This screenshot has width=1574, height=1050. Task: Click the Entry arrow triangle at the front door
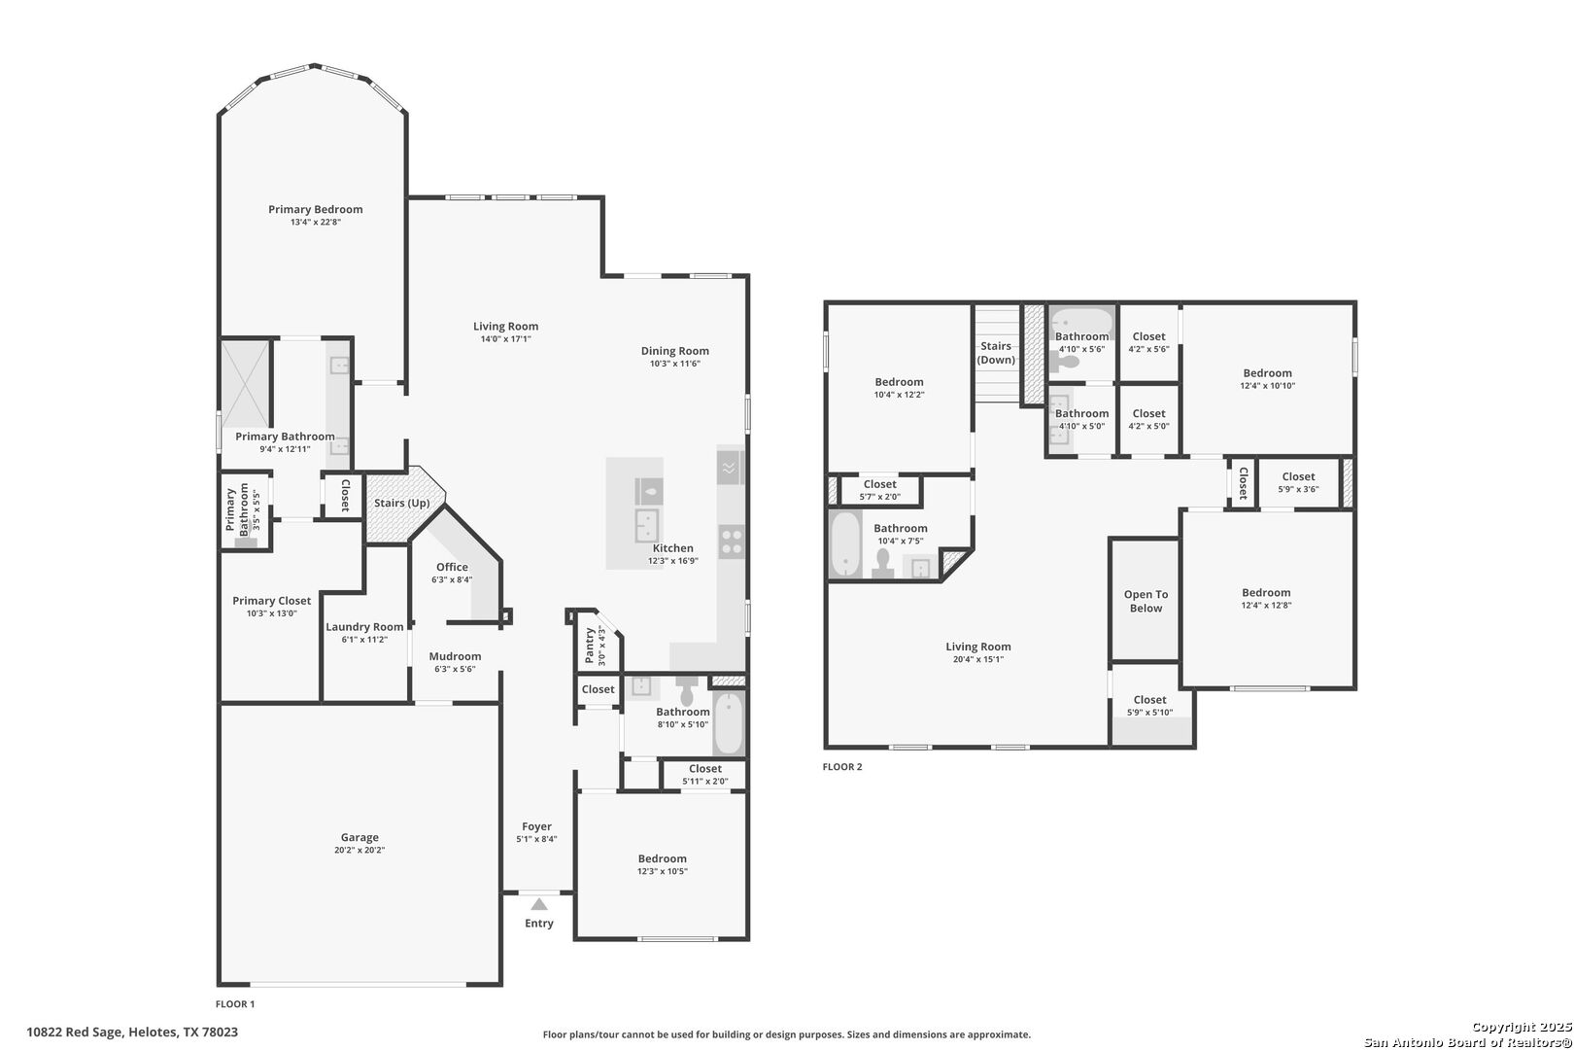coord(539,904)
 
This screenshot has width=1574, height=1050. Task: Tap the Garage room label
coord(359,837)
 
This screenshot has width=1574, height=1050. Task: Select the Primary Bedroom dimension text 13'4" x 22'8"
coord(316,223)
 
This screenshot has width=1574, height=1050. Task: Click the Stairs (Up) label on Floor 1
coord(402,503)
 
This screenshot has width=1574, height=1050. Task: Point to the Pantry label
coord(590,646)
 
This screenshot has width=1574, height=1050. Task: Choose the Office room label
coord(452,567)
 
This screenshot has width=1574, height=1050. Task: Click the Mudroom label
coord(456,656)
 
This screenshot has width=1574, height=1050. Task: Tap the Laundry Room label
coord(364,627)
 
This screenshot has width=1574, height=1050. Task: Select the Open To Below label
coord(1146,601)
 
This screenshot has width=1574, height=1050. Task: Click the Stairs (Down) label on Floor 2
coord(997,352)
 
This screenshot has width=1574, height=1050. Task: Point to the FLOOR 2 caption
coord(842,766)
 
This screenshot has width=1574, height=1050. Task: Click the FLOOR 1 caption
coord(235,1003)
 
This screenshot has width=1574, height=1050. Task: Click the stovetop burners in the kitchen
coord(732,542)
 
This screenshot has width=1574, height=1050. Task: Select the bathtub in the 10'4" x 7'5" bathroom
coord(845,543)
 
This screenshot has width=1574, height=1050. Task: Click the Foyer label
coord(537,826)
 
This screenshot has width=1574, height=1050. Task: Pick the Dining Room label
coord(675,351)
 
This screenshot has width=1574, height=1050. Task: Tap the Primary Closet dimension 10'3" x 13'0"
coord(272,613)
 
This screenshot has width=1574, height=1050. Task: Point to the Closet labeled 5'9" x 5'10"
coord(1150,706)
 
